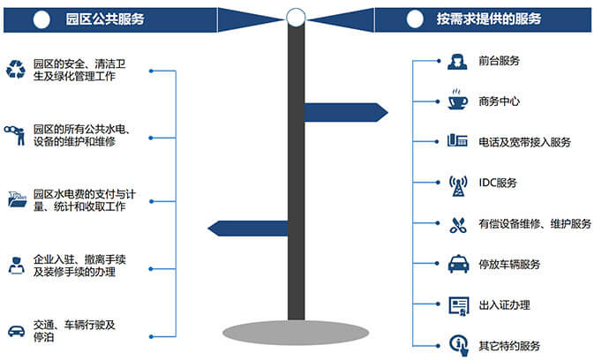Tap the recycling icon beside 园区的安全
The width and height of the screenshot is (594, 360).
coord(16,69)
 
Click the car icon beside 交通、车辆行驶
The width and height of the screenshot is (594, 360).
coord(15,330)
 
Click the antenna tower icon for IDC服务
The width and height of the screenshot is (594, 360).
coord(456,184)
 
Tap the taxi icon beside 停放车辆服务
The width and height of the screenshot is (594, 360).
coord(456,264)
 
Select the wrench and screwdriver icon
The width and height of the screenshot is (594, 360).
coord(456,224)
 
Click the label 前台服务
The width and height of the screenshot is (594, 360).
coord(498,61)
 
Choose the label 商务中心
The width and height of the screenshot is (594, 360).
coord(498,101)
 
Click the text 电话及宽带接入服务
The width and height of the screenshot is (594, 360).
coord(524,142)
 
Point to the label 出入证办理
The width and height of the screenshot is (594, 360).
coord(503,305)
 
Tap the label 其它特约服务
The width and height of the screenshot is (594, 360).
coord(508,345)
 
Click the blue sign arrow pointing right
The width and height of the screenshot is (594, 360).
coord(344,112)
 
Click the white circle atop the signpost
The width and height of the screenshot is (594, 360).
coord(297,16)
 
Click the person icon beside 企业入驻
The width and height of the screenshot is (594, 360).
coord(15,265)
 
